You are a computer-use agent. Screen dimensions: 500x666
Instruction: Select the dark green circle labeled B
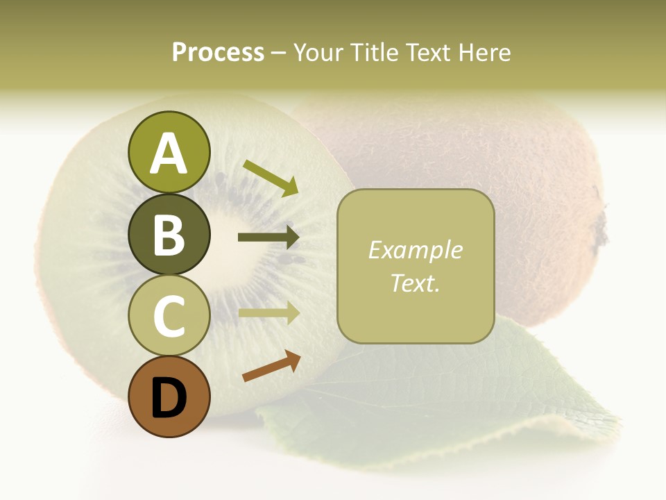pyautogui.click(x=169, y=234)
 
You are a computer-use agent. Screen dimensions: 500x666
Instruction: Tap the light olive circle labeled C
pyautogui.click(x=169, y=316)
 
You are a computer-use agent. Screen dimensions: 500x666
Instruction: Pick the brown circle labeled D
pyautogui.click(x=169, y=397)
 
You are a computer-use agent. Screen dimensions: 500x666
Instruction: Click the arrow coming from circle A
pyautogui.click(x=271, y=178)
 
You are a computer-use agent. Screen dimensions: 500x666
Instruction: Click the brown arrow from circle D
pyautogui.click(x=271, y=366)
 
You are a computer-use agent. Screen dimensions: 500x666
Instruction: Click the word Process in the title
pyautogui.click(x=218, y=52)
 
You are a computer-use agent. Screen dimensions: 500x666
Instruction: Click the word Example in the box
pyautogui.click(x=415, y=250)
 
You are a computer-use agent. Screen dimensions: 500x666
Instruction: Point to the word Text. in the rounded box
pyautogui.click(x=415, y=283)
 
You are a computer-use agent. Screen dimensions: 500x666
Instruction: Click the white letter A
pyautogui.click(x=169, y=154)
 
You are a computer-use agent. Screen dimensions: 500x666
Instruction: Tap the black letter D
pyautogui.click(x=169, y=399)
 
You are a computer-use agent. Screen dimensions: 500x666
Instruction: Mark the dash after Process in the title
pyautogui.click(x=278, y=53)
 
